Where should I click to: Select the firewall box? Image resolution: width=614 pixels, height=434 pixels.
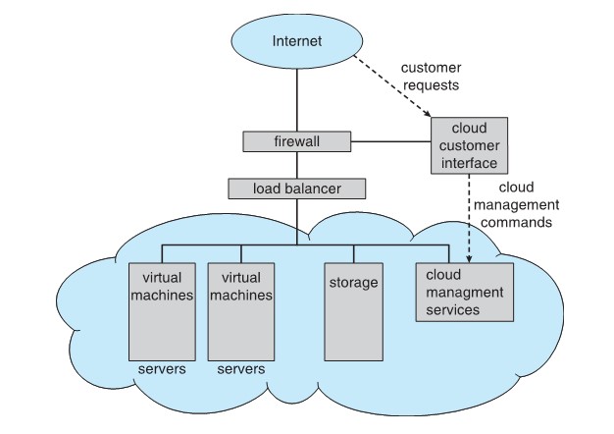[x=296, y=142]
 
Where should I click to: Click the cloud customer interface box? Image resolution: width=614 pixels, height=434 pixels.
[x=468, y=146]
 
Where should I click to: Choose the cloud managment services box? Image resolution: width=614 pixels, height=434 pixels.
[x=464, y=292]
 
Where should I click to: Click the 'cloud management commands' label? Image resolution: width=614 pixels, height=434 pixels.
[x=515, y=204]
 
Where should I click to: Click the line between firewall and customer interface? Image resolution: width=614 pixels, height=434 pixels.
[x=389, y=142]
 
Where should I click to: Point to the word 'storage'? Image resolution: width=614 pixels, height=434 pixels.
[x=354, y=283]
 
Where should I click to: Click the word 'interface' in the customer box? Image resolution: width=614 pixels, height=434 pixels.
[x=468, y=163]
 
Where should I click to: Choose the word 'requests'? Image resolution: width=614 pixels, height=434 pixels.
[x=432, y=84]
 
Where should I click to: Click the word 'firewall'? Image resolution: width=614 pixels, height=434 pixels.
[x=296, y=142]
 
